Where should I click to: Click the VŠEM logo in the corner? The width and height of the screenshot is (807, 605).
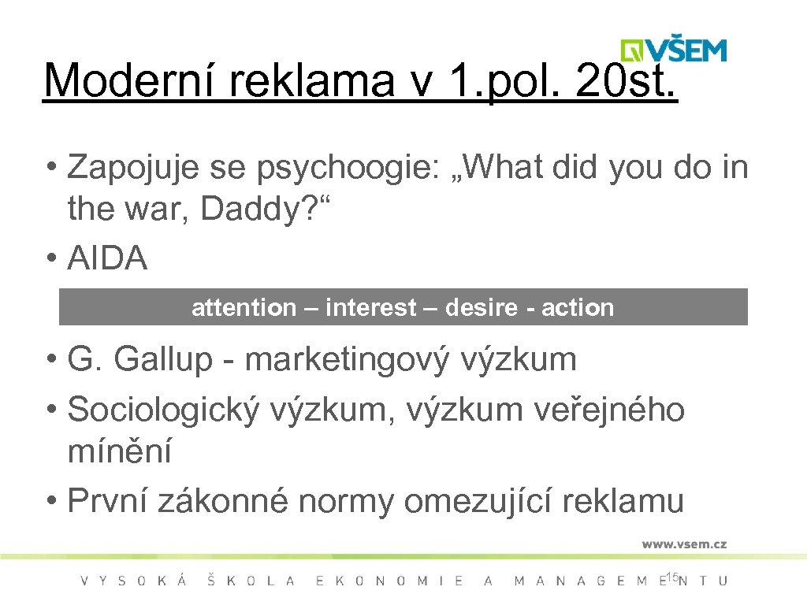[x=674, y=49]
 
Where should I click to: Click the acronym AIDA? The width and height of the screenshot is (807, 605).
[x=108, y=258]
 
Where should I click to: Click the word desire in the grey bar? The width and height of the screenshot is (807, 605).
[x=481, y=307]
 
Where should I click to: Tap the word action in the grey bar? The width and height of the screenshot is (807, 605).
[x=577, y=307]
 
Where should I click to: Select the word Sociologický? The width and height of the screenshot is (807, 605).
[x=163, y=410]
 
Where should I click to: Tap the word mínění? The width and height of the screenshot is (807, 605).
[x=120, y=452]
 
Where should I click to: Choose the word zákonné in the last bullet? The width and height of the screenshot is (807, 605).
[x=223, y=500]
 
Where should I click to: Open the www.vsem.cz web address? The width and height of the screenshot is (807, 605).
[x=683, y=544]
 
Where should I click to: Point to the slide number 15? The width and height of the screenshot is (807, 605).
[x=671, y=578]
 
